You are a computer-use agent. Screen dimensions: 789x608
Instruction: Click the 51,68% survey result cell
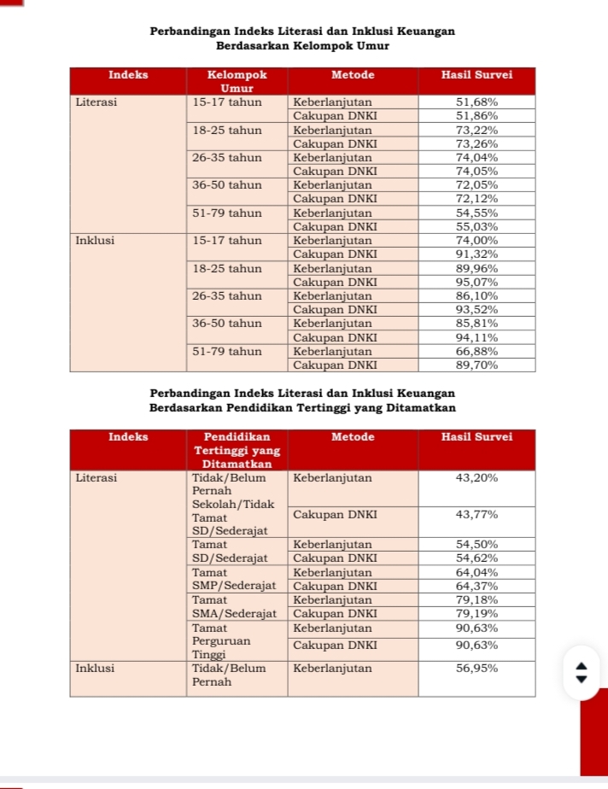click(476, 102)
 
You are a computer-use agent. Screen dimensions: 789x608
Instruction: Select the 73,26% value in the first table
click(476, 143)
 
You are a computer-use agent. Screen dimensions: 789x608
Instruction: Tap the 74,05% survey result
click(476, 171)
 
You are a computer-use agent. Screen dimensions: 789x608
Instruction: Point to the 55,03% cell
click(476, 227)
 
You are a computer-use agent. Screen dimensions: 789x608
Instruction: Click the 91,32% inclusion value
click(476, 254)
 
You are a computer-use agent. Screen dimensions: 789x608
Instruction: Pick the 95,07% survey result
click(476, 282)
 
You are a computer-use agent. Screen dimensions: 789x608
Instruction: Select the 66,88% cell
click(476, 351)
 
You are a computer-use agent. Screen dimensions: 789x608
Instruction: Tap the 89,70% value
click(476, 365)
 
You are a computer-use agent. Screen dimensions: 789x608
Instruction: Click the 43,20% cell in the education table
click(476, 478)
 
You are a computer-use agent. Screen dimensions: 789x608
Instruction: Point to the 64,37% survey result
click(476, 586)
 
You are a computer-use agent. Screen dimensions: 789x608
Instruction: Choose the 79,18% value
click(476, 599)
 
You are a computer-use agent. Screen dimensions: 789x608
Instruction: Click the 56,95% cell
click(476, 669)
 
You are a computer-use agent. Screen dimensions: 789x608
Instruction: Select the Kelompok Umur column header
click(237, 81)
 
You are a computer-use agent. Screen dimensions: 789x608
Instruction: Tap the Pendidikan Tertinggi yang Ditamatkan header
click(237, 450)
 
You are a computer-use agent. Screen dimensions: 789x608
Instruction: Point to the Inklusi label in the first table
click(95, 241)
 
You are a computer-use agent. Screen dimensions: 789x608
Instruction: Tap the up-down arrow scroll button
click(582, 673)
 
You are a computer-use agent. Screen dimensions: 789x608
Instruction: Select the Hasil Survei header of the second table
click(476, 437)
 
